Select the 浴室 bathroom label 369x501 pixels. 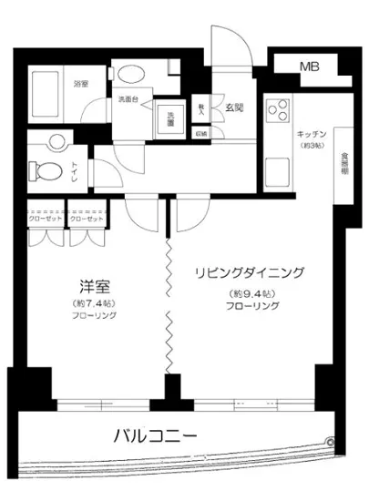(81, 84)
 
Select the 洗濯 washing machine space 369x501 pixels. (169, 118)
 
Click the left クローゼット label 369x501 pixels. (46, 220)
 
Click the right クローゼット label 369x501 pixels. (86, 220)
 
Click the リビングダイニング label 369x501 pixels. (249, 272)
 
